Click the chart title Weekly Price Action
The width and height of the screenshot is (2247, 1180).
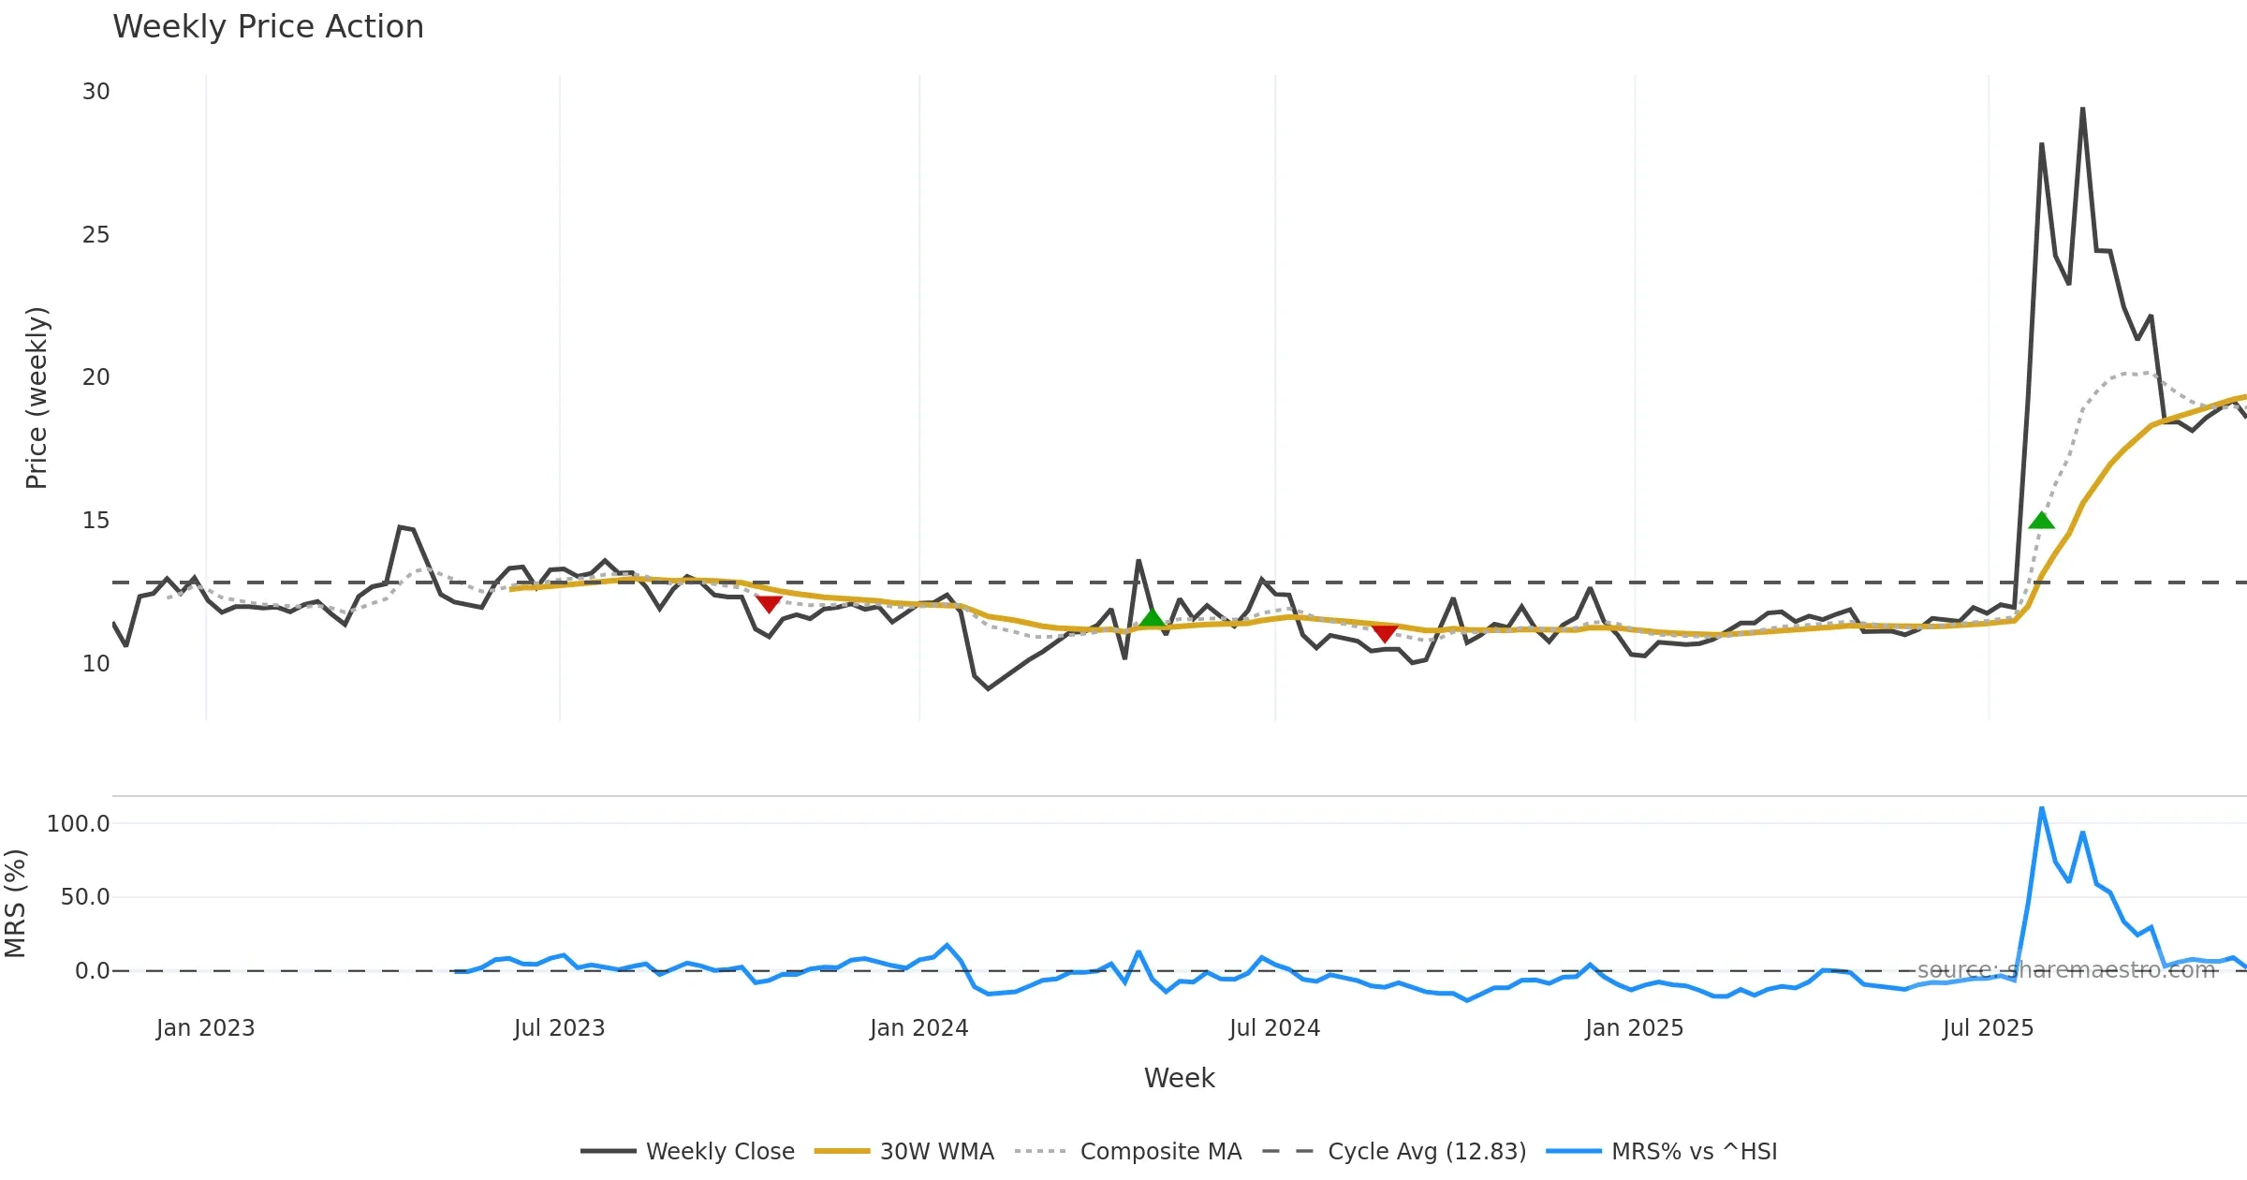coord(268,27)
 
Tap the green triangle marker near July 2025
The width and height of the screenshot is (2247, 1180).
coord(2041,521)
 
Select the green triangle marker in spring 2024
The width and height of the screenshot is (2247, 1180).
coord(1153,617)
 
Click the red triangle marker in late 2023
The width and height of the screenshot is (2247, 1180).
coord(769,604)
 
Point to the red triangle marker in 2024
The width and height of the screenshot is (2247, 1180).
coord(1385,634)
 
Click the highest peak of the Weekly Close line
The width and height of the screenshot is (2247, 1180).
coord(2082,109)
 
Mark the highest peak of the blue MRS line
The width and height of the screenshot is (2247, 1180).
coord(2041,808)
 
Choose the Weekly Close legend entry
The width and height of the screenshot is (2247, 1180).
coord(688,1151)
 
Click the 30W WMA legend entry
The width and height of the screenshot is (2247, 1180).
coord(904,1151)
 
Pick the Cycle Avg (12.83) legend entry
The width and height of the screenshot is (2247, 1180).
coord(1394,1151)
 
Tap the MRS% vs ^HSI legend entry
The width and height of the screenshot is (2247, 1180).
coord(1662,1151)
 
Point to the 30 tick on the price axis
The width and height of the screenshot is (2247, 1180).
coord(96,92)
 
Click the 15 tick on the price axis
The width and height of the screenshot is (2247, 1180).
coord(96,521)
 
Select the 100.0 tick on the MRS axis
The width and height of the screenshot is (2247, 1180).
coord(79,824)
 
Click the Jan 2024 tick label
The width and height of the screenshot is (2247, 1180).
coord(918,1028)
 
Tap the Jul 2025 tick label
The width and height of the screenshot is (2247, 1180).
coord(1988,1028)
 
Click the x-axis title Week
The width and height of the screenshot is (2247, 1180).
coord(1179,1078)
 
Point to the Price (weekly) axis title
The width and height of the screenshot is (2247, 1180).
coord(37,398)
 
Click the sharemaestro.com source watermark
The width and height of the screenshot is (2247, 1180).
coord(2066,970)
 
